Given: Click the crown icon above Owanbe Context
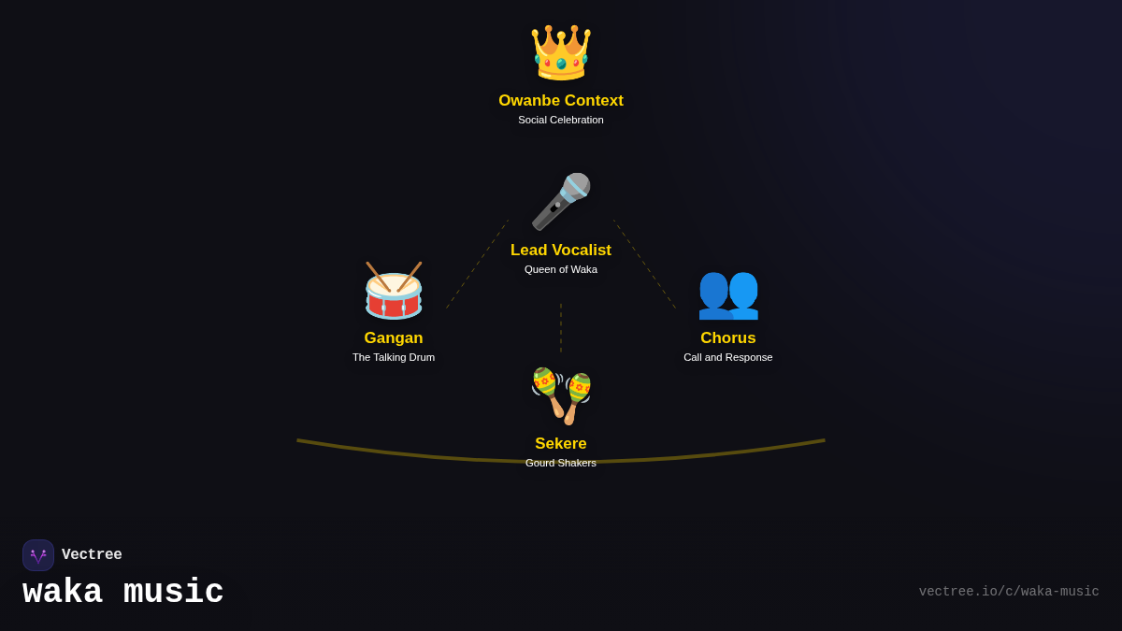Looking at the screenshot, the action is [x=561, y=52].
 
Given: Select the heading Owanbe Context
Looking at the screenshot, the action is [x=561, y=100].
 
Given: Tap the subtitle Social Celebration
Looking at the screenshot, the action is [x=561, y=121].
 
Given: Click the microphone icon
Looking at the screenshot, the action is [x=561, y=202].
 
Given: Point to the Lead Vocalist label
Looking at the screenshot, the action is [x=561, y=250].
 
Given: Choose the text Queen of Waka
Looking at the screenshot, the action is [x=561, y=269].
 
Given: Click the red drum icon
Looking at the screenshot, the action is [x=394, y=291].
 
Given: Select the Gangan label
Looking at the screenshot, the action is [x=394, y=338].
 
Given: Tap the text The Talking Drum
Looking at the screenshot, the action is [x=394, y=357].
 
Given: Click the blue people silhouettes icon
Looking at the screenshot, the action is [x=728, y=295].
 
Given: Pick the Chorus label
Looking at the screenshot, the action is [x=728, y=338].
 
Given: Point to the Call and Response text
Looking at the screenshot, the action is [x=728, y=357].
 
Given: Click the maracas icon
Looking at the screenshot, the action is [x=561, y=395].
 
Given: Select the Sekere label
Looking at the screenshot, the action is [x=561, y=444].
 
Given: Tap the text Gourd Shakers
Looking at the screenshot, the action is [x=561, y=464].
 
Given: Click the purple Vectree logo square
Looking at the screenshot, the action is [x=38, y=555].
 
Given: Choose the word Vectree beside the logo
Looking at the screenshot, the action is [x=92, y=555].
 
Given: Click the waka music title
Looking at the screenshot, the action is [x=123, y=593].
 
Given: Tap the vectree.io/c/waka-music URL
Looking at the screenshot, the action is [x=1009, y=592].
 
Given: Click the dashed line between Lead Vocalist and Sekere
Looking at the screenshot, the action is [x=561, y=328].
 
